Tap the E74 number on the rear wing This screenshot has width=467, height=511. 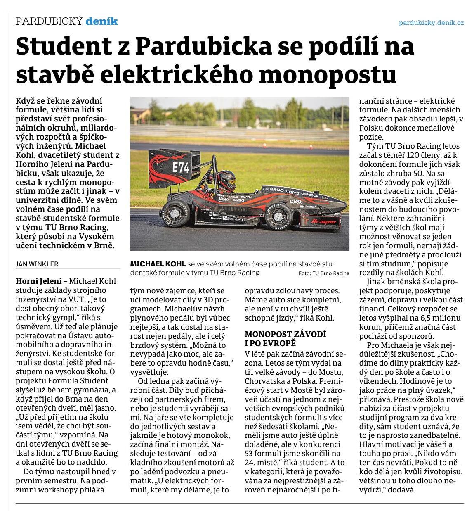[181, 167]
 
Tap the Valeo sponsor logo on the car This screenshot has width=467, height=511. [223, 199]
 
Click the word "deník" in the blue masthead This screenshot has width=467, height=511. [101, 21]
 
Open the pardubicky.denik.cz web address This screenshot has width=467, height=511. [431, 23]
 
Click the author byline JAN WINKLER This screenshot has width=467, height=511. [37, 264]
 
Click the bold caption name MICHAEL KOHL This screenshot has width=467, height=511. [158, 264]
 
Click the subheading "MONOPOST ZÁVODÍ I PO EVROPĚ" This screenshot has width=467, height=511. [285, 338]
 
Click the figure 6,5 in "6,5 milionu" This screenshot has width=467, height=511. [423, 318]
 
